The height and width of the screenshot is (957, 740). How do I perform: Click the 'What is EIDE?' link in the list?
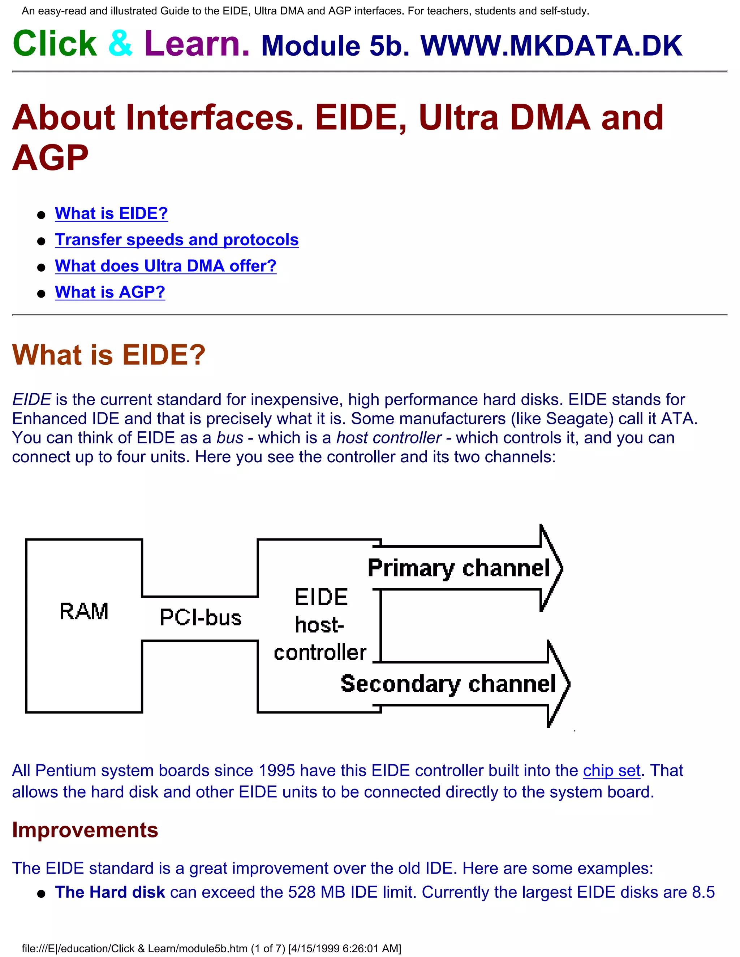111,213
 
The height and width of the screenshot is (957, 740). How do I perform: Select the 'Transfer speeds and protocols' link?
177,240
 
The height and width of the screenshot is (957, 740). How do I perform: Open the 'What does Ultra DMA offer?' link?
166,266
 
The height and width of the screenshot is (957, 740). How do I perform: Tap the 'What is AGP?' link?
110,292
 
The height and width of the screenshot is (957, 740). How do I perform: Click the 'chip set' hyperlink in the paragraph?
612,771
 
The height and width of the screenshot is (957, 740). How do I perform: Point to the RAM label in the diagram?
84,611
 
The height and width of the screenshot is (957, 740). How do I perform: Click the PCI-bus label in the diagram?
200,618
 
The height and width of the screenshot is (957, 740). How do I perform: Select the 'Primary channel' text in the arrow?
459,568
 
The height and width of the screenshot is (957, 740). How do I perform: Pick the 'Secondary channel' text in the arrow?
448,684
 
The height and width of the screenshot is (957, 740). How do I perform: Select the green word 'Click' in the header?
55,43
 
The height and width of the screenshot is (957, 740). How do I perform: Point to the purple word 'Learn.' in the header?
197,43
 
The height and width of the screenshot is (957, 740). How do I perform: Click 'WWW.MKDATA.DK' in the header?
551,46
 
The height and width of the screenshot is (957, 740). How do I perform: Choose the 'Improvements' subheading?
85,830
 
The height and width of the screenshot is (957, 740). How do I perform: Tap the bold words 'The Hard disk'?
110,892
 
